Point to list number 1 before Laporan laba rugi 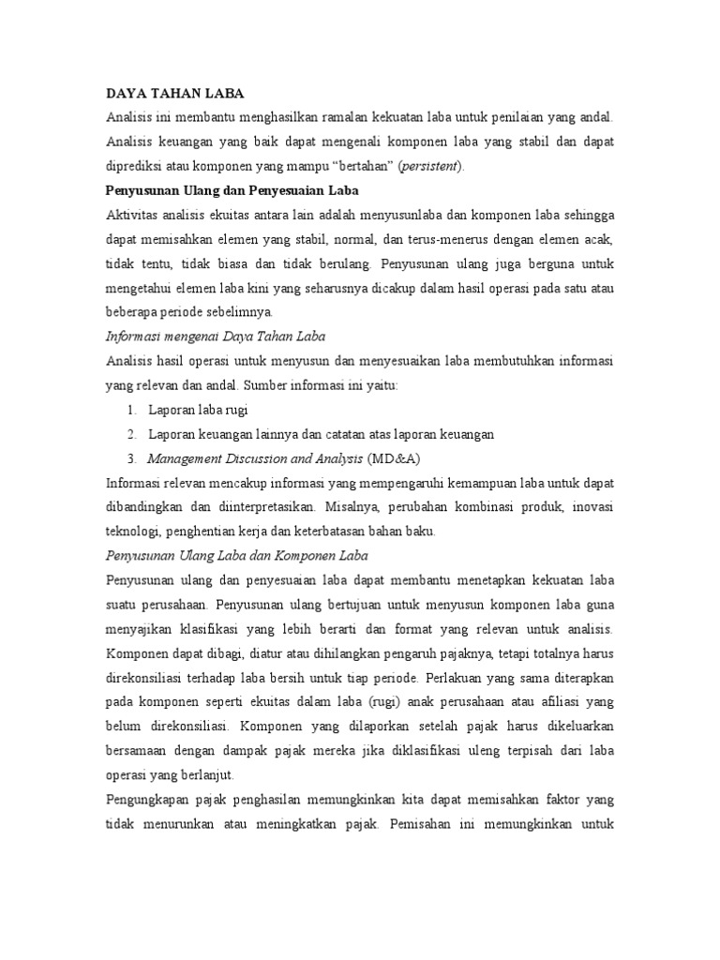(130, 410)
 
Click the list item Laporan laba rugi (197, 410)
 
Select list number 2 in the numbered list (130, 434)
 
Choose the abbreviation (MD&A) (397, 458)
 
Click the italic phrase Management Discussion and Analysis (255, 458)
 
